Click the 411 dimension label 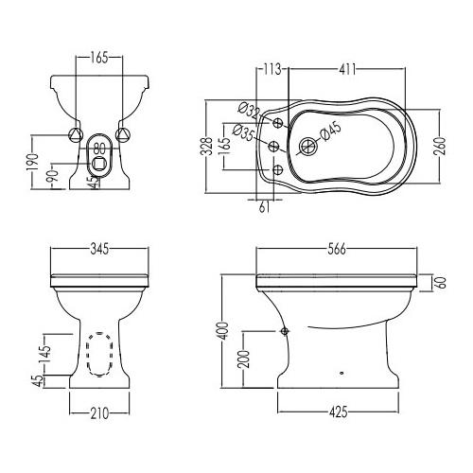[x=347, y=69]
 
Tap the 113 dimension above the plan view [x=272, y=69]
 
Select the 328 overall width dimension [x=207, y=146]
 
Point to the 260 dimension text [x=441, y=146]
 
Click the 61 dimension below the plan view [x=264, y=207]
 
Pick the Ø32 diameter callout [x=250, y=110]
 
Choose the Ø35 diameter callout [x=243, y=132]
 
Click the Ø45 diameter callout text [x=330, y=131]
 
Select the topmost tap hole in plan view [x=278, y=123]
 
